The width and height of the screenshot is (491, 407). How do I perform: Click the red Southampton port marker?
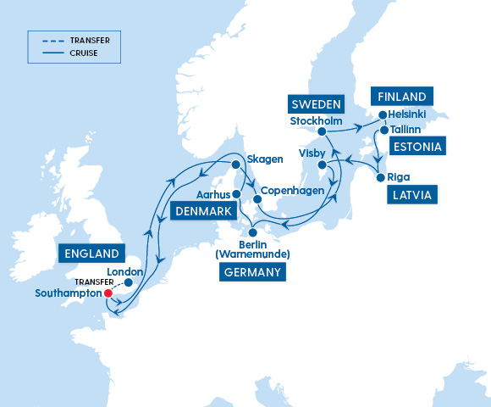pyautogui.click(x=108, y=293)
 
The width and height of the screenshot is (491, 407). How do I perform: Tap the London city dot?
pyautogui.click(x=128, y=282)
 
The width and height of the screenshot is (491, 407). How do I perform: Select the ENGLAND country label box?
pyautogui.click(x=90, y=253)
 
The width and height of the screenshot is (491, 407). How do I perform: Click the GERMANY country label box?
pyautogui.click(x=252, y=271)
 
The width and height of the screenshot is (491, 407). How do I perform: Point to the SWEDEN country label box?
pyautogui.click(x=317, y=104)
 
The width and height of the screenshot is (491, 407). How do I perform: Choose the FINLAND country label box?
pyautogui.click(x=402, y=96)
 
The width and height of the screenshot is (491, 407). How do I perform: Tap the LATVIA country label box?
pyautogui.click(x=411, y=195)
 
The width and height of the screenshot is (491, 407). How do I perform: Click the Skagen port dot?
pyautogui.click(x=235, y=164)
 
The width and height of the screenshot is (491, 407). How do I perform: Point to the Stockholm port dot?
pyautogui.click(x=322, y=131)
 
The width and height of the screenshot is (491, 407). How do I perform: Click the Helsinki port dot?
pyautogui.click(x=382, y=114)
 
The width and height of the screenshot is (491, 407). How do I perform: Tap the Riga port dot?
pyautogui.click(x=379, y=178)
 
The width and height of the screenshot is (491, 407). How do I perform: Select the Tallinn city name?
pyautogui.click(x=407, y=130)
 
